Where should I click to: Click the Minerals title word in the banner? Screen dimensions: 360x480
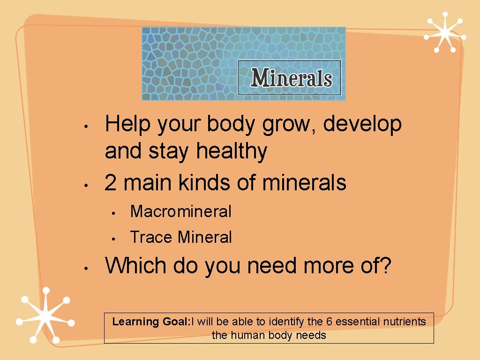[291, 78]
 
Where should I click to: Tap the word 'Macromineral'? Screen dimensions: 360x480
[180, 211]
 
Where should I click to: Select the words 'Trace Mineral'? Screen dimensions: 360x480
[180, 237]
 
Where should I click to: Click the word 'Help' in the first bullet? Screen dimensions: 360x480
[128, 125]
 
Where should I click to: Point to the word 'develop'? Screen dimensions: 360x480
[362, 125]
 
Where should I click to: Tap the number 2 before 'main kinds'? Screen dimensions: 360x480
[111, 183]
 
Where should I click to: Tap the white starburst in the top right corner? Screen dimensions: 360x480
[443, 32]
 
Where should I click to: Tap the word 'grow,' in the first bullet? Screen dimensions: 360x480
[292, 125]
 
